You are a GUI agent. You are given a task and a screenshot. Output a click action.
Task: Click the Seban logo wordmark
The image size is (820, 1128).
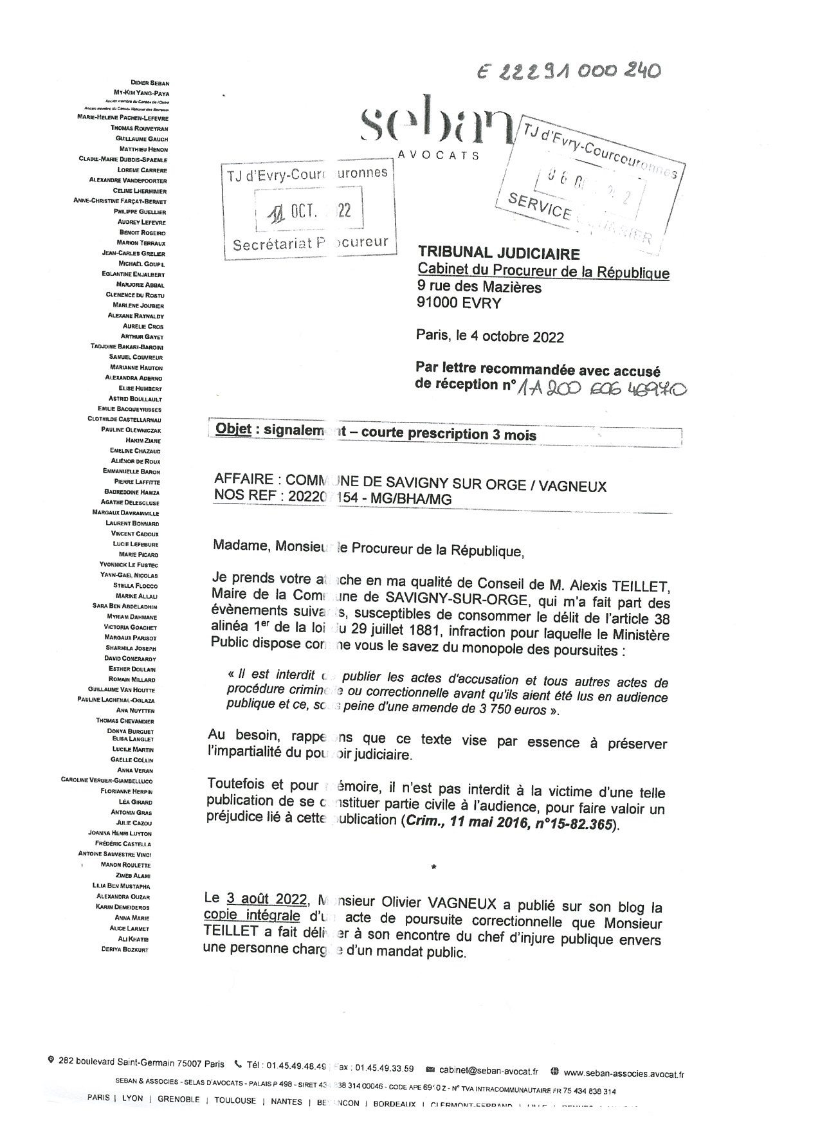tap(432, 127)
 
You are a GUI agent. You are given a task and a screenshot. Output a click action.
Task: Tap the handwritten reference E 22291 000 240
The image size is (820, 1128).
tap(569, 71)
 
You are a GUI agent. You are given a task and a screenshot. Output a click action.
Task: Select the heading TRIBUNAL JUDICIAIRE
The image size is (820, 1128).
tap(498, 254)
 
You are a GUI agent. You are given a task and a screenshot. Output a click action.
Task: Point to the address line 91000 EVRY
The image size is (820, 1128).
tap(459, 303)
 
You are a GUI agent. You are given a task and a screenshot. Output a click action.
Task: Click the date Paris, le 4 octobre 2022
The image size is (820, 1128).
tap(489, 336)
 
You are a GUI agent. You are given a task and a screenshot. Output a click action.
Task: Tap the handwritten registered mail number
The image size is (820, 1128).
tap(601, 388)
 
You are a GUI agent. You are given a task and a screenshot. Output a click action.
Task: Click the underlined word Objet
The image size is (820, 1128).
tap(233, 430)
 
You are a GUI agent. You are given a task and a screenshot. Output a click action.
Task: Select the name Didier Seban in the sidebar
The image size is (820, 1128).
tap(149, 83)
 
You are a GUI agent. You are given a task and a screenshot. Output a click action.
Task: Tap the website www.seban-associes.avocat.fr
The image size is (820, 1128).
tap(623, 1073)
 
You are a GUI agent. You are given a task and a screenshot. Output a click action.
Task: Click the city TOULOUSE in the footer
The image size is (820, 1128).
tap(235, 1100)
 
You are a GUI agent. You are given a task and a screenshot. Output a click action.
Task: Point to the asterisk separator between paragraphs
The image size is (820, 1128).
tap(434, 868)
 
